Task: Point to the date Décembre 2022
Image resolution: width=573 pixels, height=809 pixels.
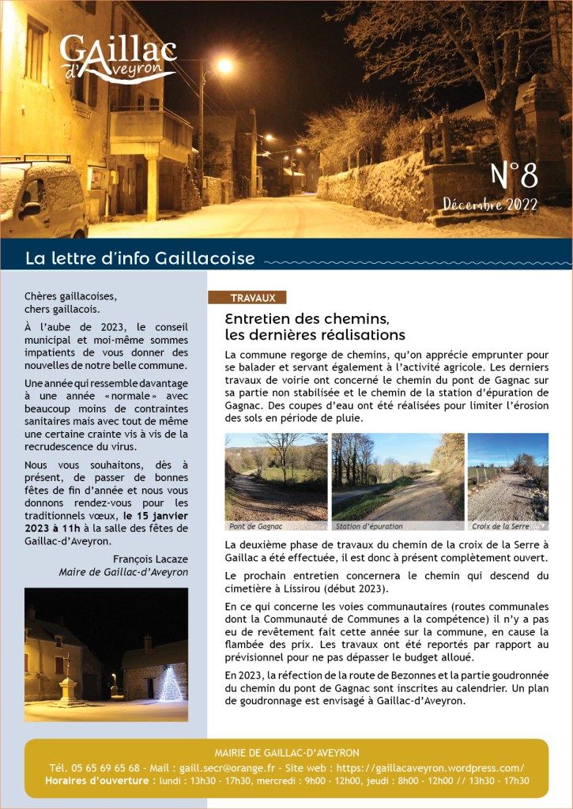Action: [489, 205]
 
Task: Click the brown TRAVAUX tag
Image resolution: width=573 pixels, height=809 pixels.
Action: [252, 298]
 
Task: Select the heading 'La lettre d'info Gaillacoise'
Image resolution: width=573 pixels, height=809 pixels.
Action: [140, 258]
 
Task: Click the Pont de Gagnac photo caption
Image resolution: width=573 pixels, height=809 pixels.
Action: [256, 525]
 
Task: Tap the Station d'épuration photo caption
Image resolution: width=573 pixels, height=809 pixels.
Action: [369, 525]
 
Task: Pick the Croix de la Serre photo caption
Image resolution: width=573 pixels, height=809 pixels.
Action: [500, 525]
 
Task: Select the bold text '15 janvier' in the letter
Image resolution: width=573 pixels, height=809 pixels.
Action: [162, 516]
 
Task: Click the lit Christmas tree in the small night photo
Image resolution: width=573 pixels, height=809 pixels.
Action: [171, 683]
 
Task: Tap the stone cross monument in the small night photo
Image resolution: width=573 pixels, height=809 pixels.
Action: [70, 679]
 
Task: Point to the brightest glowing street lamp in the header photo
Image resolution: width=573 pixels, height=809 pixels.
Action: [224, 66]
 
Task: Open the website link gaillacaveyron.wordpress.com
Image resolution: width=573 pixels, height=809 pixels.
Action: [432, 767]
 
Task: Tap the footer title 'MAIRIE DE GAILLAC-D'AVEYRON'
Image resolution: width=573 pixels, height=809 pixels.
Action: [286, 753]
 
